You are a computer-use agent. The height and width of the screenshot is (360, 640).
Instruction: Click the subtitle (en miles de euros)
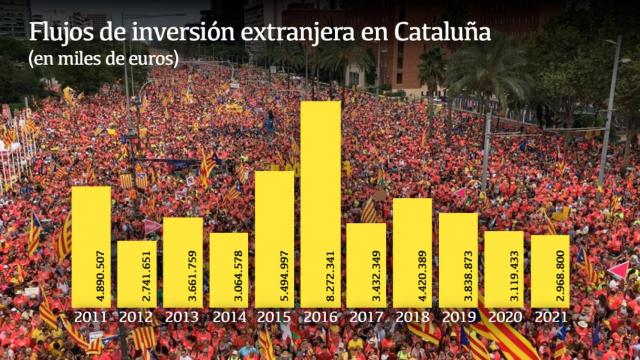coord(103,59)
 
